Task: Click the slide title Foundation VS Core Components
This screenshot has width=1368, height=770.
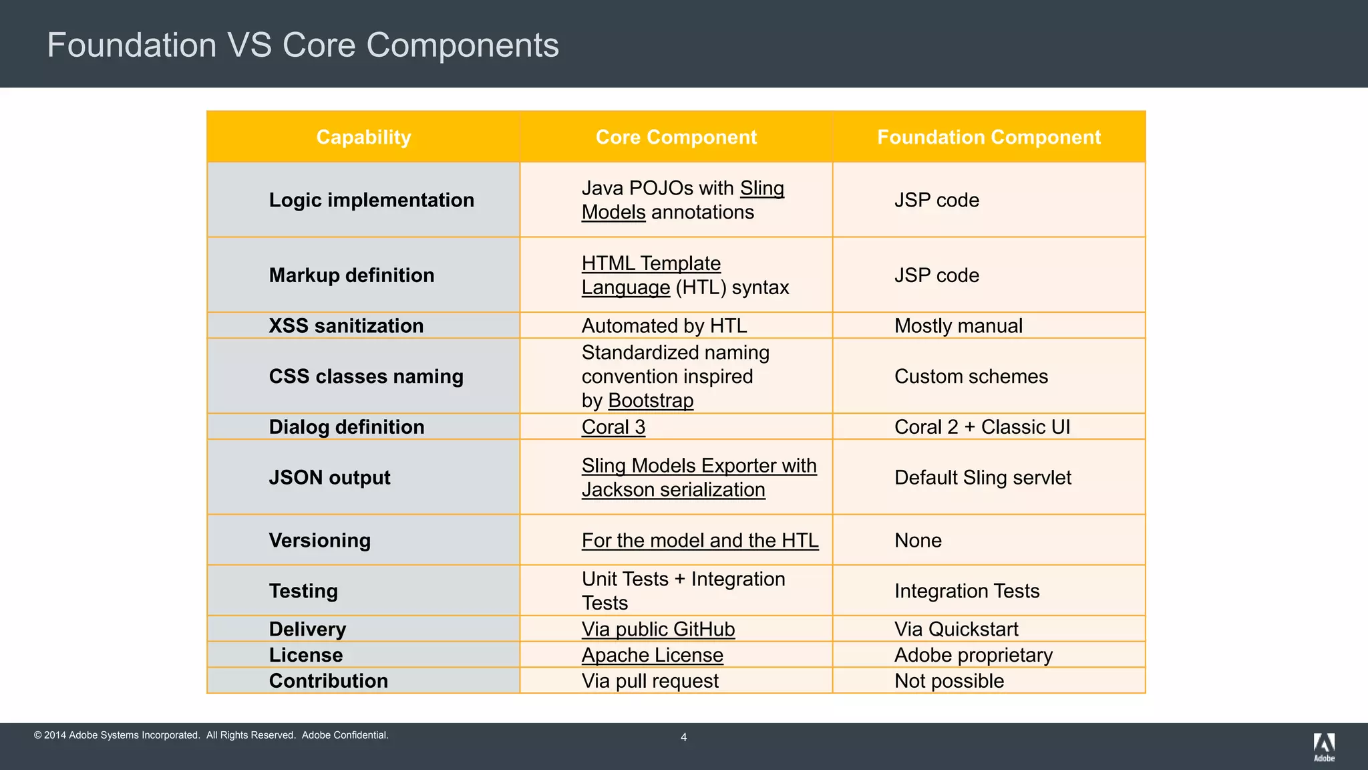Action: [x=303, y=45]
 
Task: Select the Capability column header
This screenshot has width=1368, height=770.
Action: [x=363, y=137]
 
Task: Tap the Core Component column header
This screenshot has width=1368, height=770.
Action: [x=676, y=137]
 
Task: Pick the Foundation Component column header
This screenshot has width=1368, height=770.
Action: [x=989, y=137]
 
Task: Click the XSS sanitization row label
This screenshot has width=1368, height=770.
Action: [x=346, y=326]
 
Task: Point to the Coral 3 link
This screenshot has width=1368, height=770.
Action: [x=613, y=427]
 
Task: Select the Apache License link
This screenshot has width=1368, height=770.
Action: [x=652, y=655]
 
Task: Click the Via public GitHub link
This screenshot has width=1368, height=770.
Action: [x=658, y=629]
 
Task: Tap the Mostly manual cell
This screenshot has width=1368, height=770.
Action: [x=958, y=326]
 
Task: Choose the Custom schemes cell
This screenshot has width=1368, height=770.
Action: [x=971, y=376]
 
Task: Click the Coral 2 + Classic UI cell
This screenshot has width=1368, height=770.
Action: [x=982, y=427]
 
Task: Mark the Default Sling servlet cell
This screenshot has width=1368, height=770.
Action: [x=983, y=477]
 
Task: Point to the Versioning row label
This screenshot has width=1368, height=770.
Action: [x=319, y=540]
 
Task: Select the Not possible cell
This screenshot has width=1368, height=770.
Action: [x=949, y=681]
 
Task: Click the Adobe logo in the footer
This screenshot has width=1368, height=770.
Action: [x=1324, y=747]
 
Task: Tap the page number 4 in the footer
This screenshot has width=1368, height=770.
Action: [x=683, y=737]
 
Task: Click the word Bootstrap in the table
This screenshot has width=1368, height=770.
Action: [x=651, y=400]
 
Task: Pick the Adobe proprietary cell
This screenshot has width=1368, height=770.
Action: [x=973, y=655]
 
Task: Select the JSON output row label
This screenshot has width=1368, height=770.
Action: [x=329, y=477]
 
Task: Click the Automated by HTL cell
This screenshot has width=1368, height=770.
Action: [x=664, y=326]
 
